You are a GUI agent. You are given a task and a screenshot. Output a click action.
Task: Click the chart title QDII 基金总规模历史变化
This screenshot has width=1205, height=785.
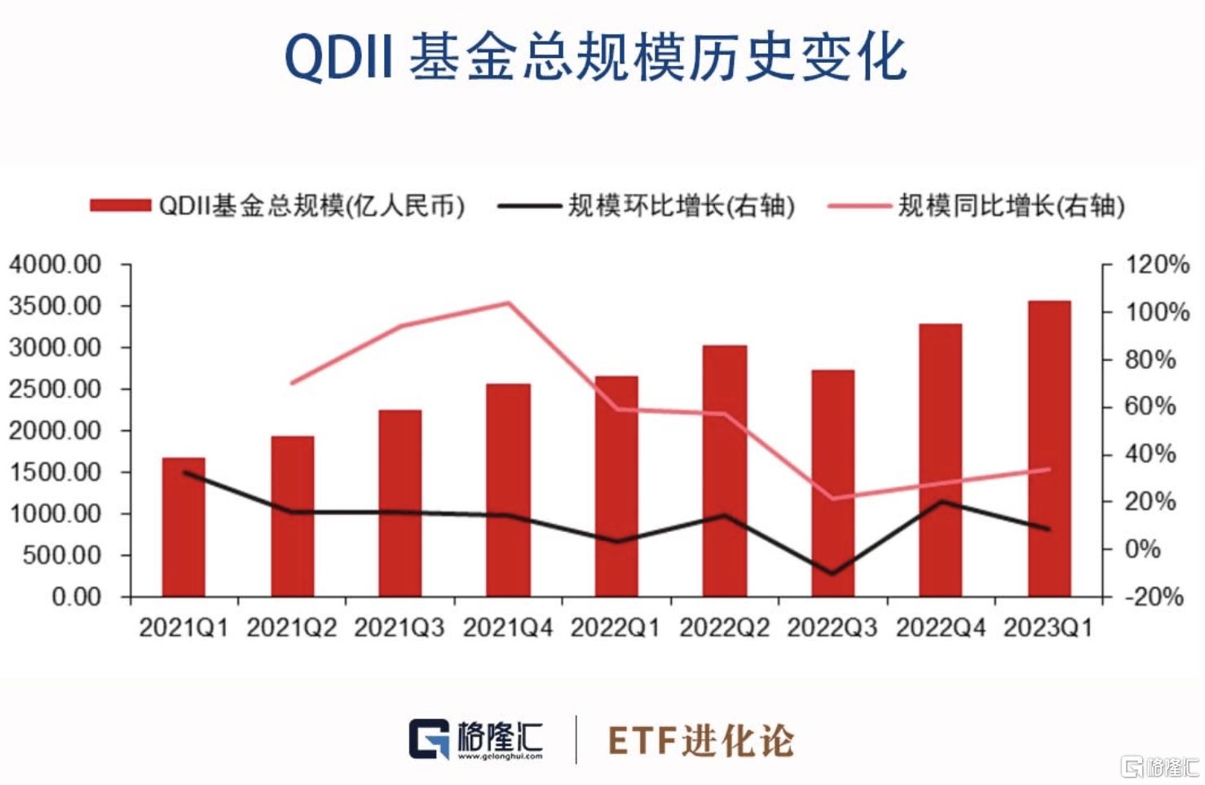tap(595, 58)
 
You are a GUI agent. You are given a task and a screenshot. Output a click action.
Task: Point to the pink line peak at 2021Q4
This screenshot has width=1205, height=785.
tap(508, 304)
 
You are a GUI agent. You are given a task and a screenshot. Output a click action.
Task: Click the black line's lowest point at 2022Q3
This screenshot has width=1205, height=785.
tap(832, 573)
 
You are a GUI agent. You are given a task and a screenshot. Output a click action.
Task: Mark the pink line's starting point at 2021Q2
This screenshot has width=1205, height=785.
tap(292, 383)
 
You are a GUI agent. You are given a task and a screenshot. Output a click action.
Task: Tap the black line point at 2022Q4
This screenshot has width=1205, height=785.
tap(942, 501)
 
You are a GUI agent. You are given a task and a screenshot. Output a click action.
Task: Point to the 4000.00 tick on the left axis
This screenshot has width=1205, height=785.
tap(55, 264)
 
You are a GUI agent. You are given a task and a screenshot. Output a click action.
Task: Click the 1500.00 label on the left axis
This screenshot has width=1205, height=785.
tap(55, 472)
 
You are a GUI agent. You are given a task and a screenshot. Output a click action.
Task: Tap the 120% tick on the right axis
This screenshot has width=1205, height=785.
tap(1157, 264)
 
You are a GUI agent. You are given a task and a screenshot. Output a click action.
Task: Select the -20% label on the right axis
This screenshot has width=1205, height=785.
tap(1154, 597)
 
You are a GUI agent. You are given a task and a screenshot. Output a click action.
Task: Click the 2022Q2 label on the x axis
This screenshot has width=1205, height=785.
tap(724, 628)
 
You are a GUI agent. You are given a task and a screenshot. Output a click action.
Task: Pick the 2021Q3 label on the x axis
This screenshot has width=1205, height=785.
tap(399, 628)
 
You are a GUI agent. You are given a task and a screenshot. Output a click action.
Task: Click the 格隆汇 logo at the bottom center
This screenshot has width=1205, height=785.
tap(476, 739)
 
